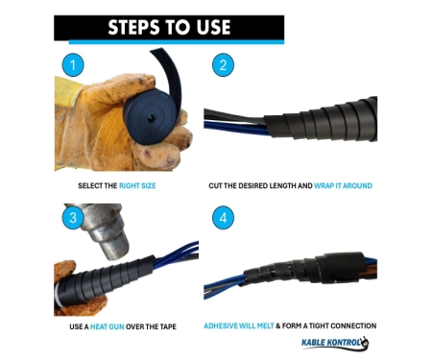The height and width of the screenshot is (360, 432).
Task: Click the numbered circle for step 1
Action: pos(73,65)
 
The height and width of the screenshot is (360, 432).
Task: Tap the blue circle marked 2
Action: pos(223,65)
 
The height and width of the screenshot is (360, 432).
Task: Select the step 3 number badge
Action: pos(73,218)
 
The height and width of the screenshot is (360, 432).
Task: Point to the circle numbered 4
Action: pos(223,218)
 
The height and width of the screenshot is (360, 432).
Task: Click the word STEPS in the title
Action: pos(133,27)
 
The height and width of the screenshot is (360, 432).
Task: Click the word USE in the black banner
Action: pos(213,27)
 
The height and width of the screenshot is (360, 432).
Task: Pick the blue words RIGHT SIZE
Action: pos(137,185)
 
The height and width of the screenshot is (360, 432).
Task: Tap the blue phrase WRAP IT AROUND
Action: pos(343,185)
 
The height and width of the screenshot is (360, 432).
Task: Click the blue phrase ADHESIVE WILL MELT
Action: pos(239,326)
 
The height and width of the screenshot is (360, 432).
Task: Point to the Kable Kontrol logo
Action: pos(335,343)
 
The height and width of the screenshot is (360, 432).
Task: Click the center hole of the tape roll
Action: pos(151,119)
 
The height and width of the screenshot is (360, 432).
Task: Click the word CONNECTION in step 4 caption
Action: pos(353,326)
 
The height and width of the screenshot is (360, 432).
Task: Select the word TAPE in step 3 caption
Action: pos(168,326)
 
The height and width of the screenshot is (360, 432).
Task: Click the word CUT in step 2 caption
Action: pos(215,185)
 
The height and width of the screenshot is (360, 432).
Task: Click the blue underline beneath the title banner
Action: pos(177,42)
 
